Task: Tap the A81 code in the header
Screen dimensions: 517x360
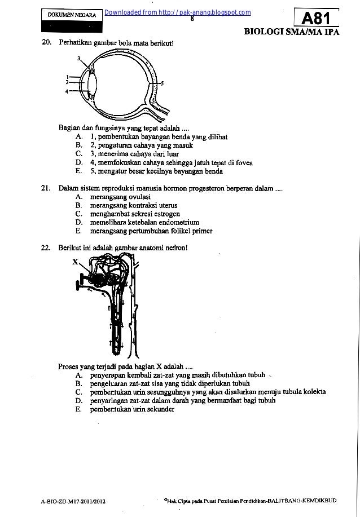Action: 317,18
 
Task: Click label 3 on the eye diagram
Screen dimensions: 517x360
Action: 80,58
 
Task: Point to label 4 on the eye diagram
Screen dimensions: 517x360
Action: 67,91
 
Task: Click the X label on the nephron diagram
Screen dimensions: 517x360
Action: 74,262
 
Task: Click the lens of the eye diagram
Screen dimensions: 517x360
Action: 93,83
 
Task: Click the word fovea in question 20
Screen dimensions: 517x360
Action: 243,162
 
